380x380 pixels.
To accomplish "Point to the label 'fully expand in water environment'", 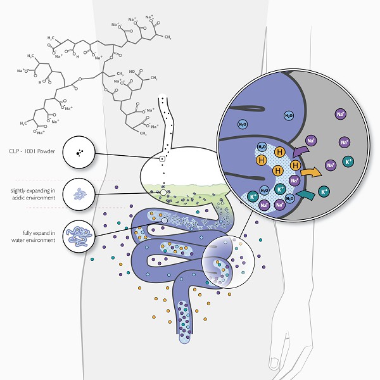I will [32, 236].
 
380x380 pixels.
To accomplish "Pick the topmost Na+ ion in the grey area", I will [340, 115].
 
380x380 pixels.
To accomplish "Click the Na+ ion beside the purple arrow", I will [311, 140].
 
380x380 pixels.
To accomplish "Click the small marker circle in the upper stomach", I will [162, 158].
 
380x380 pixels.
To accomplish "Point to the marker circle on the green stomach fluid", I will [163, 192].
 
